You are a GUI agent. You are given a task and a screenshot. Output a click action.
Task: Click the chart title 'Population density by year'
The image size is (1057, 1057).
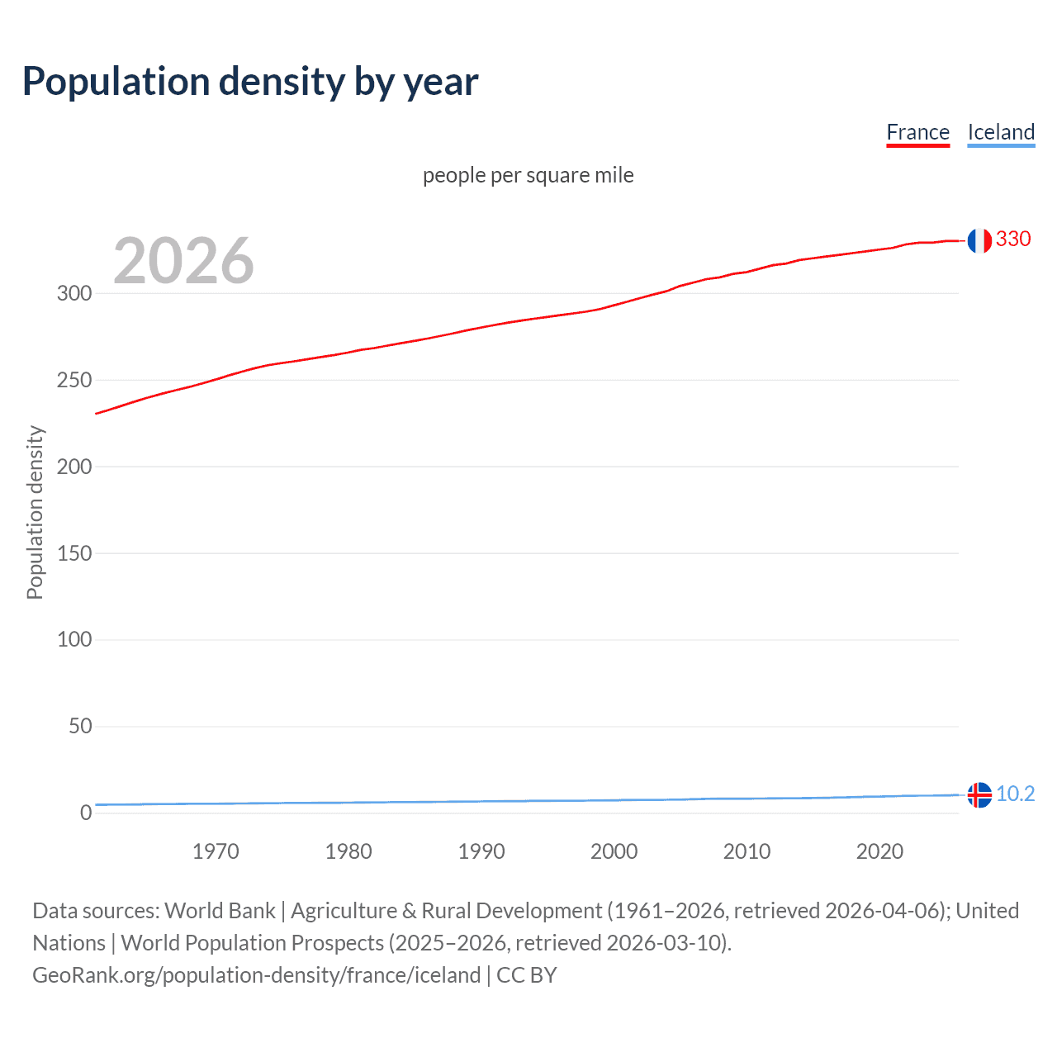tap(250, 82)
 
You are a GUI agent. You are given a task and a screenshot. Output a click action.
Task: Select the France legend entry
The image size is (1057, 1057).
tap(917, 132)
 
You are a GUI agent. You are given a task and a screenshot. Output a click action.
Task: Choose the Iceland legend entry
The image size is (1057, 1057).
tap(1001, 132)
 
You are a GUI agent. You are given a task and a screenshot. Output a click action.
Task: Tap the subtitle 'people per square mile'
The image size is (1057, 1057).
tap(528, 175)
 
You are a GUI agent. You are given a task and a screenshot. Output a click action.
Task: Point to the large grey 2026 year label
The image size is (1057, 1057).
tap(183, 261)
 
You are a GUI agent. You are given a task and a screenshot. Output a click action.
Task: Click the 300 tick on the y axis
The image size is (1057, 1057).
tap(74, 293)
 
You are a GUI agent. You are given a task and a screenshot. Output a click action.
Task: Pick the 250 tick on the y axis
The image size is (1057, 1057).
tap(74, 380)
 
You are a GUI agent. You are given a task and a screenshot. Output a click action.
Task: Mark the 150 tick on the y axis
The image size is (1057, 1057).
tap(74, 553)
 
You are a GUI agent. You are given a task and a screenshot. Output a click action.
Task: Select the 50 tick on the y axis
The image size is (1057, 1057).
tap(80, 726)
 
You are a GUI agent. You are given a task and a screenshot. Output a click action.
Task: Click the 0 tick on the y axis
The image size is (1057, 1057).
tap(86, 813)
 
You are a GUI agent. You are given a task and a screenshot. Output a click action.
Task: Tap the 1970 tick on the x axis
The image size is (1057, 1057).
tap(216, 851)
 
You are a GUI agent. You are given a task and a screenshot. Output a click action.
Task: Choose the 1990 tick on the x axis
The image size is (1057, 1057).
tap(481, 851)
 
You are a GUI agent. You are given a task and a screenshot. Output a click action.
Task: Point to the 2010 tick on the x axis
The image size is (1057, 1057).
tap(747, 851)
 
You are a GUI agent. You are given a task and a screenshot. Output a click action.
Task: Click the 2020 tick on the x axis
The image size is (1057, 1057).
tap(879, 851)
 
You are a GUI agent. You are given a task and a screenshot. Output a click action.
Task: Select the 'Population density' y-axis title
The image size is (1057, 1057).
tap(35, 512)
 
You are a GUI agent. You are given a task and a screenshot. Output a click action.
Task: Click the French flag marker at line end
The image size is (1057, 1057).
tap(979, 240)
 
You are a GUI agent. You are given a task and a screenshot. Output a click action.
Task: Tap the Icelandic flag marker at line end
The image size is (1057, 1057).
tap(979, 794)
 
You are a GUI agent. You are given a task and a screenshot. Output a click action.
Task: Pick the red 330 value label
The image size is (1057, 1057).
tap(1013, 239)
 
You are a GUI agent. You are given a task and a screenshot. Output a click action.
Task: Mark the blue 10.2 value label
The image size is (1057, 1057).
tap(1015, 794)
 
